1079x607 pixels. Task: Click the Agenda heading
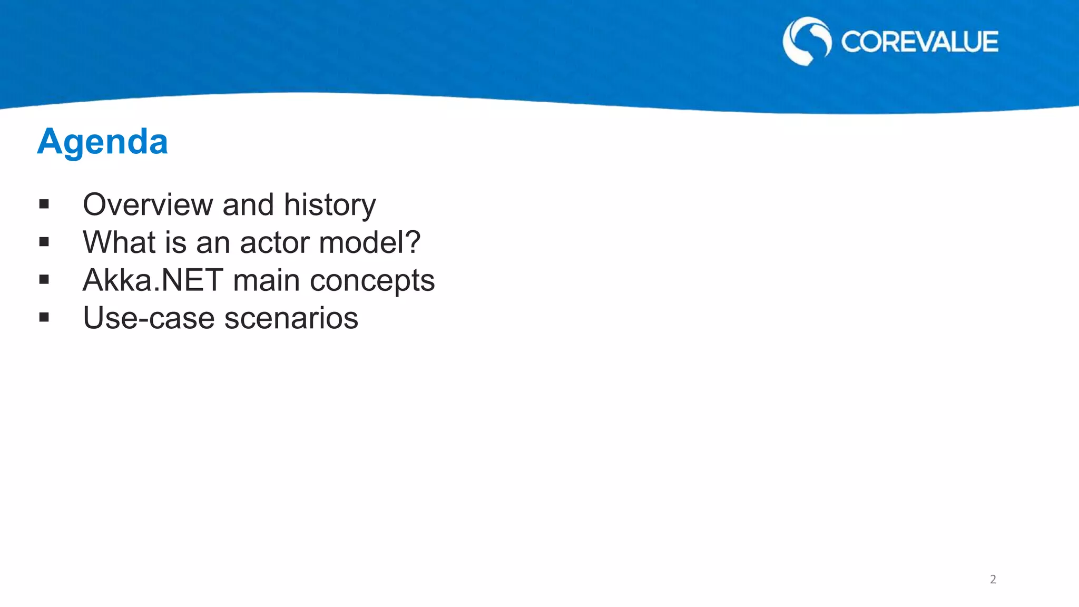coord(102,142)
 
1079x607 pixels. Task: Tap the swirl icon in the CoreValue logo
coord(807,41)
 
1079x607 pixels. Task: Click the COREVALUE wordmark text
coord(919,42)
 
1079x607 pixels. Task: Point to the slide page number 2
coord(993,579)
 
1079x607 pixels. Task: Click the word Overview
coord(148,204)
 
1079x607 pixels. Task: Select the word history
coord(330,205)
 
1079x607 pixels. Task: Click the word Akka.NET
coord(153,280)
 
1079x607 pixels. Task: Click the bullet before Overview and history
coord(44,204)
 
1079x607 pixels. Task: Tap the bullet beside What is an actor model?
coord(44,242)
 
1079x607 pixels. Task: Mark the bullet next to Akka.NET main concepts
coord(44,280)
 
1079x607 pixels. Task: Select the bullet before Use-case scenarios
coord(44,317)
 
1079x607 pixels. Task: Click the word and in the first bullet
coord(248,204)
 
